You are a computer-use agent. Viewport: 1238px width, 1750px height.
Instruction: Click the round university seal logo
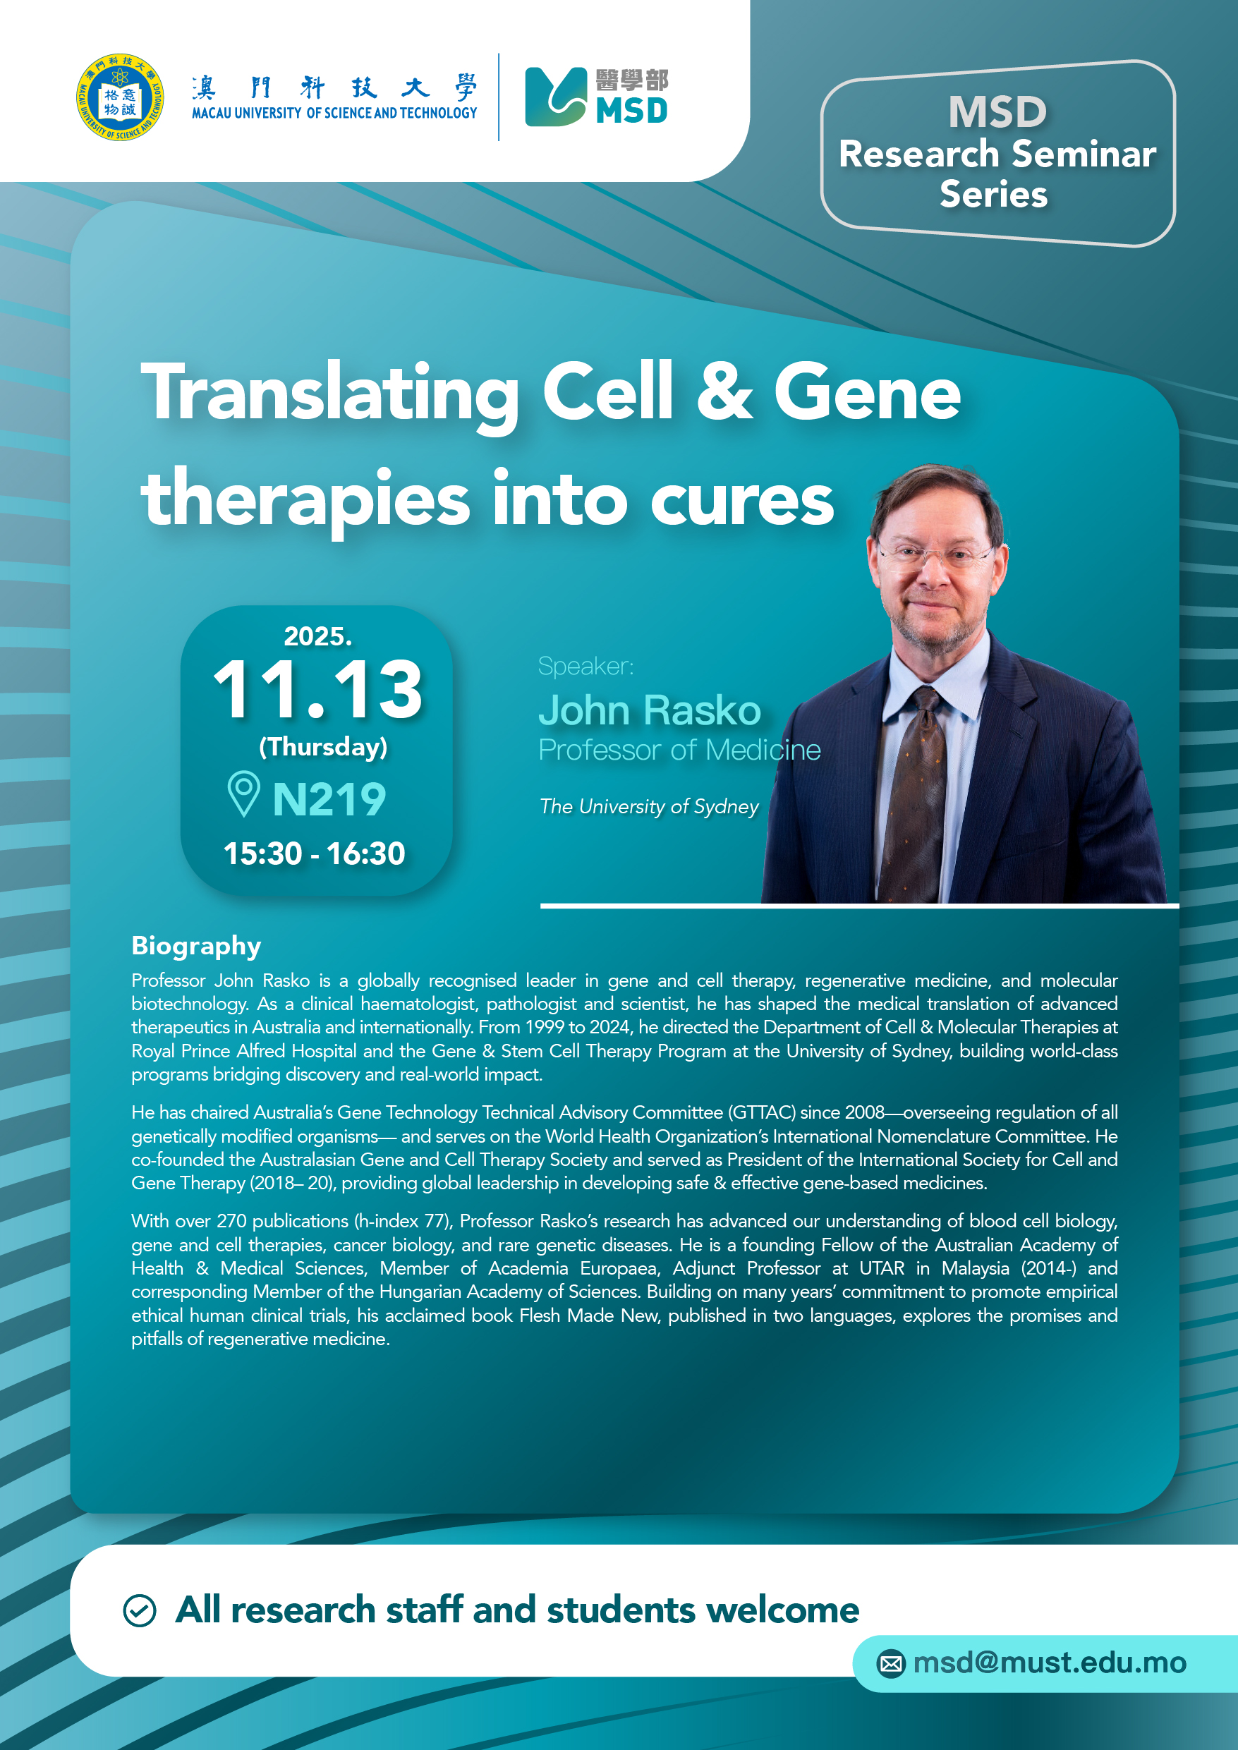(x=120, y=97)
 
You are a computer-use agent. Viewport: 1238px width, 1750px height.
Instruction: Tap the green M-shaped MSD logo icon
(x=556, y=97)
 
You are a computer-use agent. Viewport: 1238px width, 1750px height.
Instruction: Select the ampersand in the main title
(x=724, y=392)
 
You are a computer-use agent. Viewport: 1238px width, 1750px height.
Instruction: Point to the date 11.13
(x=317, y=689)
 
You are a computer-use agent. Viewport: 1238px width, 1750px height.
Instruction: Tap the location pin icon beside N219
(x=244, y=794)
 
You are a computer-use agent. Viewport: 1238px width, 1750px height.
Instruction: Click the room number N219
(x=329, y=800)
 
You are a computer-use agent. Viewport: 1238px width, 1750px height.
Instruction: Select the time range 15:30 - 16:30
(x=314, y=853)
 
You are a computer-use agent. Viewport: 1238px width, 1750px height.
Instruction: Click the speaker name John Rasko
(x=650, y=710)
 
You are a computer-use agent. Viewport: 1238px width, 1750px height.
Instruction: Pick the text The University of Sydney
(x=649, y=806)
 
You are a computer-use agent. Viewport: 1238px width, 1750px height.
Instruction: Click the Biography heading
(x=196, y=946)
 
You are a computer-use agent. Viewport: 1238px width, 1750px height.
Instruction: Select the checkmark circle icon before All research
(x=140, y=1610)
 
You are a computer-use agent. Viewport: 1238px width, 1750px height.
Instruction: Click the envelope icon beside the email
(x=890, y=1663)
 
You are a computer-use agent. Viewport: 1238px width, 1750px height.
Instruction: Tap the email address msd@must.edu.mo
(x=1049, y=1663)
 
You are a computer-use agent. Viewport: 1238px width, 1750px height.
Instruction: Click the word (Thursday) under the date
(x=323, y=747)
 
